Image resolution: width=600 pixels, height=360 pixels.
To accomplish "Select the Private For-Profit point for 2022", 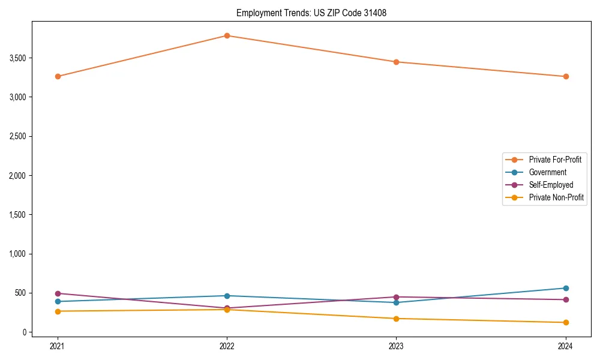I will click(x=227, y=35).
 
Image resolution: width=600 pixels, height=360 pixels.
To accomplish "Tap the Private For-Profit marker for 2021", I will click(x=58, y=76).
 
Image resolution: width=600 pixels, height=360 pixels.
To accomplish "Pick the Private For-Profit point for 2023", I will click(x=396, y=62).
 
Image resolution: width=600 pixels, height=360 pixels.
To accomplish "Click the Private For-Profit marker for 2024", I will click(x=566, y=76).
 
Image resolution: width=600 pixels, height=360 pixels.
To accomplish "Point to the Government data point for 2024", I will click(x=566, y=288).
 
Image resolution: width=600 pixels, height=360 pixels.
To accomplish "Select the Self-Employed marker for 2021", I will click(x=58, y=293).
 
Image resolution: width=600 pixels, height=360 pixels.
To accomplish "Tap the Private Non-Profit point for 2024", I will click(x=566, y=322).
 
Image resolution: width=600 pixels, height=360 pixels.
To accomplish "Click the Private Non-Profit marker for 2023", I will click(x=396, y=319).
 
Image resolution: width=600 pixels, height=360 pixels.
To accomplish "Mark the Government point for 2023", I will click(x=396, y=302).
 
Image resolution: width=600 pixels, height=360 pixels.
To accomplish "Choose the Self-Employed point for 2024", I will click(x=566, y=299).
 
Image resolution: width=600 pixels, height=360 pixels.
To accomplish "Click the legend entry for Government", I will click(x=547, y=172).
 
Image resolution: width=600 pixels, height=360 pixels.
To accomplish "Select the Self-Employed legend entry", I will click(x=551, y=185).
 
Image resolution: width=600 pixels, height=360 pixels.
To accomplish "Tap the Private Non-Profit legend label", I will click(x=556, y=197).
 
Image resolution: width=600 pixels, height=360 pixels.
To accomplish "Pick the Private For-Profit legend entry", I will click(x=555, y=160).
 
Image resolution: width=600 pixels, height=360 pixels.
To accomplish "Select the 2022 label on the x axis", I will click(x=227, y=346).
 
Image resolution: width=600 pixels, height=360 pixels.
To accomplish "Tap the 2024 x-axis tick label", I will click(x=566, y=346).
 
